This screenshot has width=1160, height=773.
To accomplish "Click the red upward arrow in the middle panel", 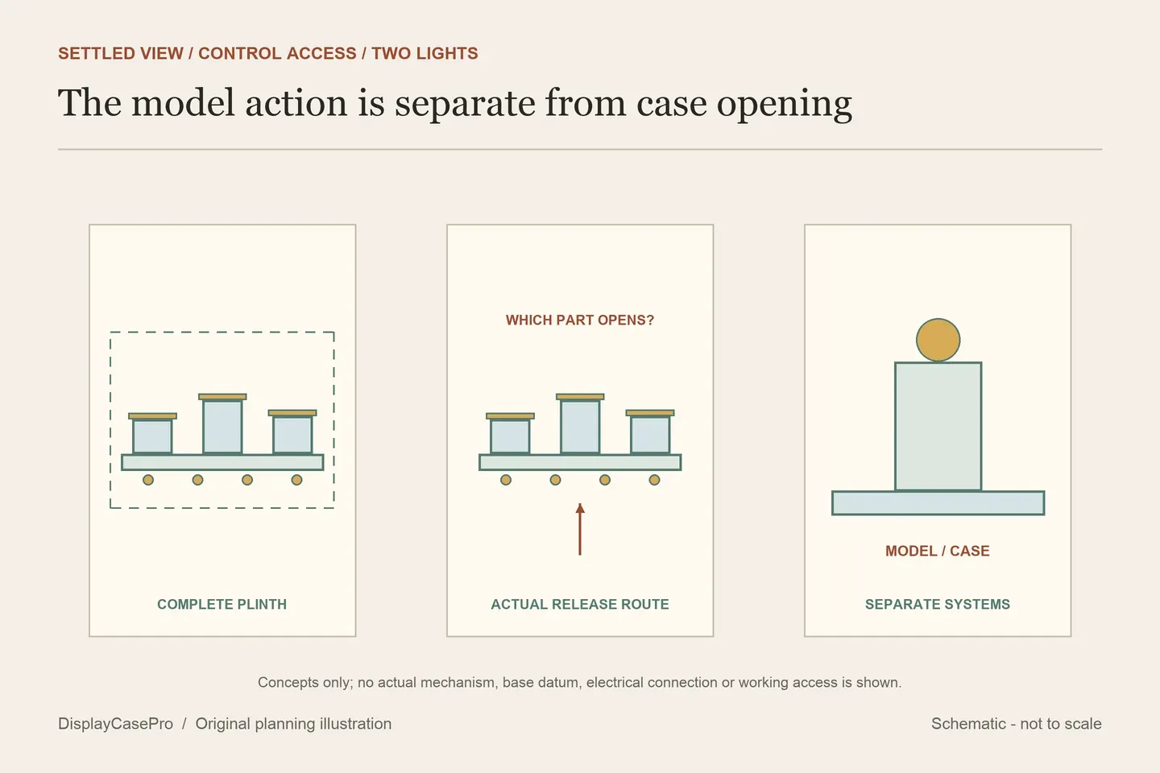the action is click(580, 529).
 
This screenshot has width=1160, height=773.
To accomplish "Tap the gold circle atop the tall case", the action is click(938, 340).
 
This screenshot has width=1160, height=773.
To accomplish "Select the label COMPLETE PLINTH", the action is click(222, 604).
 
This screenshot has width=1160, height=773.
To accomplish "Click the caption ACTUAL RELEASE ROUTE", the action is click(580, 604).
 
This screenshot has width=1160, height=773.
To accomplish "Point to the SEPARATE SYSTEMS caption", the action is click(938, 604).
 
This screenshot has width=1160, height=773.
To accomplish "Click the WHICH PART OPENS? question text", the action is click(580, 320).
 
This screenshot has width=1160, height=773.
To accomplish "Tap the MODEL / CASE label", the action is click(938, 551).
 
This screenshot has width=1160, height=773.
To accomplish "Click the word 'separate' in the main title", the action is click(464, 104).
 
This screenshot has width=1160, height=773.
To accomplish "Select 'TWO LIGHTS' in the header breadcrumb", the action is click(425, 53).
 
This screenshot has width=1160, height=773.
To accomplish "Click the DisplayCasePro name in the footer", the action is click(115, 723).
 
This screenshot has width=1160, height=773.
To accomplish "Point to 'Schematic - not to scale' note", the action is click(1016, 723).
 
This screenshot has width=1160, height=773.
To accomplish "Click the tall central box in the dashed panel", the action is click(222, 427).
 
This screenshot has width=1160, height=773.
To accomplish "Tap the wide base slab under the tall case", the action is click(938, 502).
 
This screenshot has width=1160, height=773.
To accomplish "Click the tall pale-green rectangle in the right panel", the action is click(938, 426).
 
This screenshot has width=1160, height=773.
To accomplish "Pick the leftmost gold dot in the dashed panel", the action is click(148, 480).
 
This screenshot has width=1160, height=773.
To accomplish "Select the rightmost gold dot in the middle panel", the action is click(655, 480).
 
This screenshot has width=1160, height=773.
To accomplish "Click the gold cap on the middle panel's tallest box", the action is click(580, 397).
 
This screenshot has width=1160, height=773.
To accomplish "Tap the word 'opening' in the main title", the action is click(784, 104).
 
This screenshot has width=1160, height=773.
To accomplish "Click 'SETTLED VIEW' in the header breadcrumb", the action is click(121, 53).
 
